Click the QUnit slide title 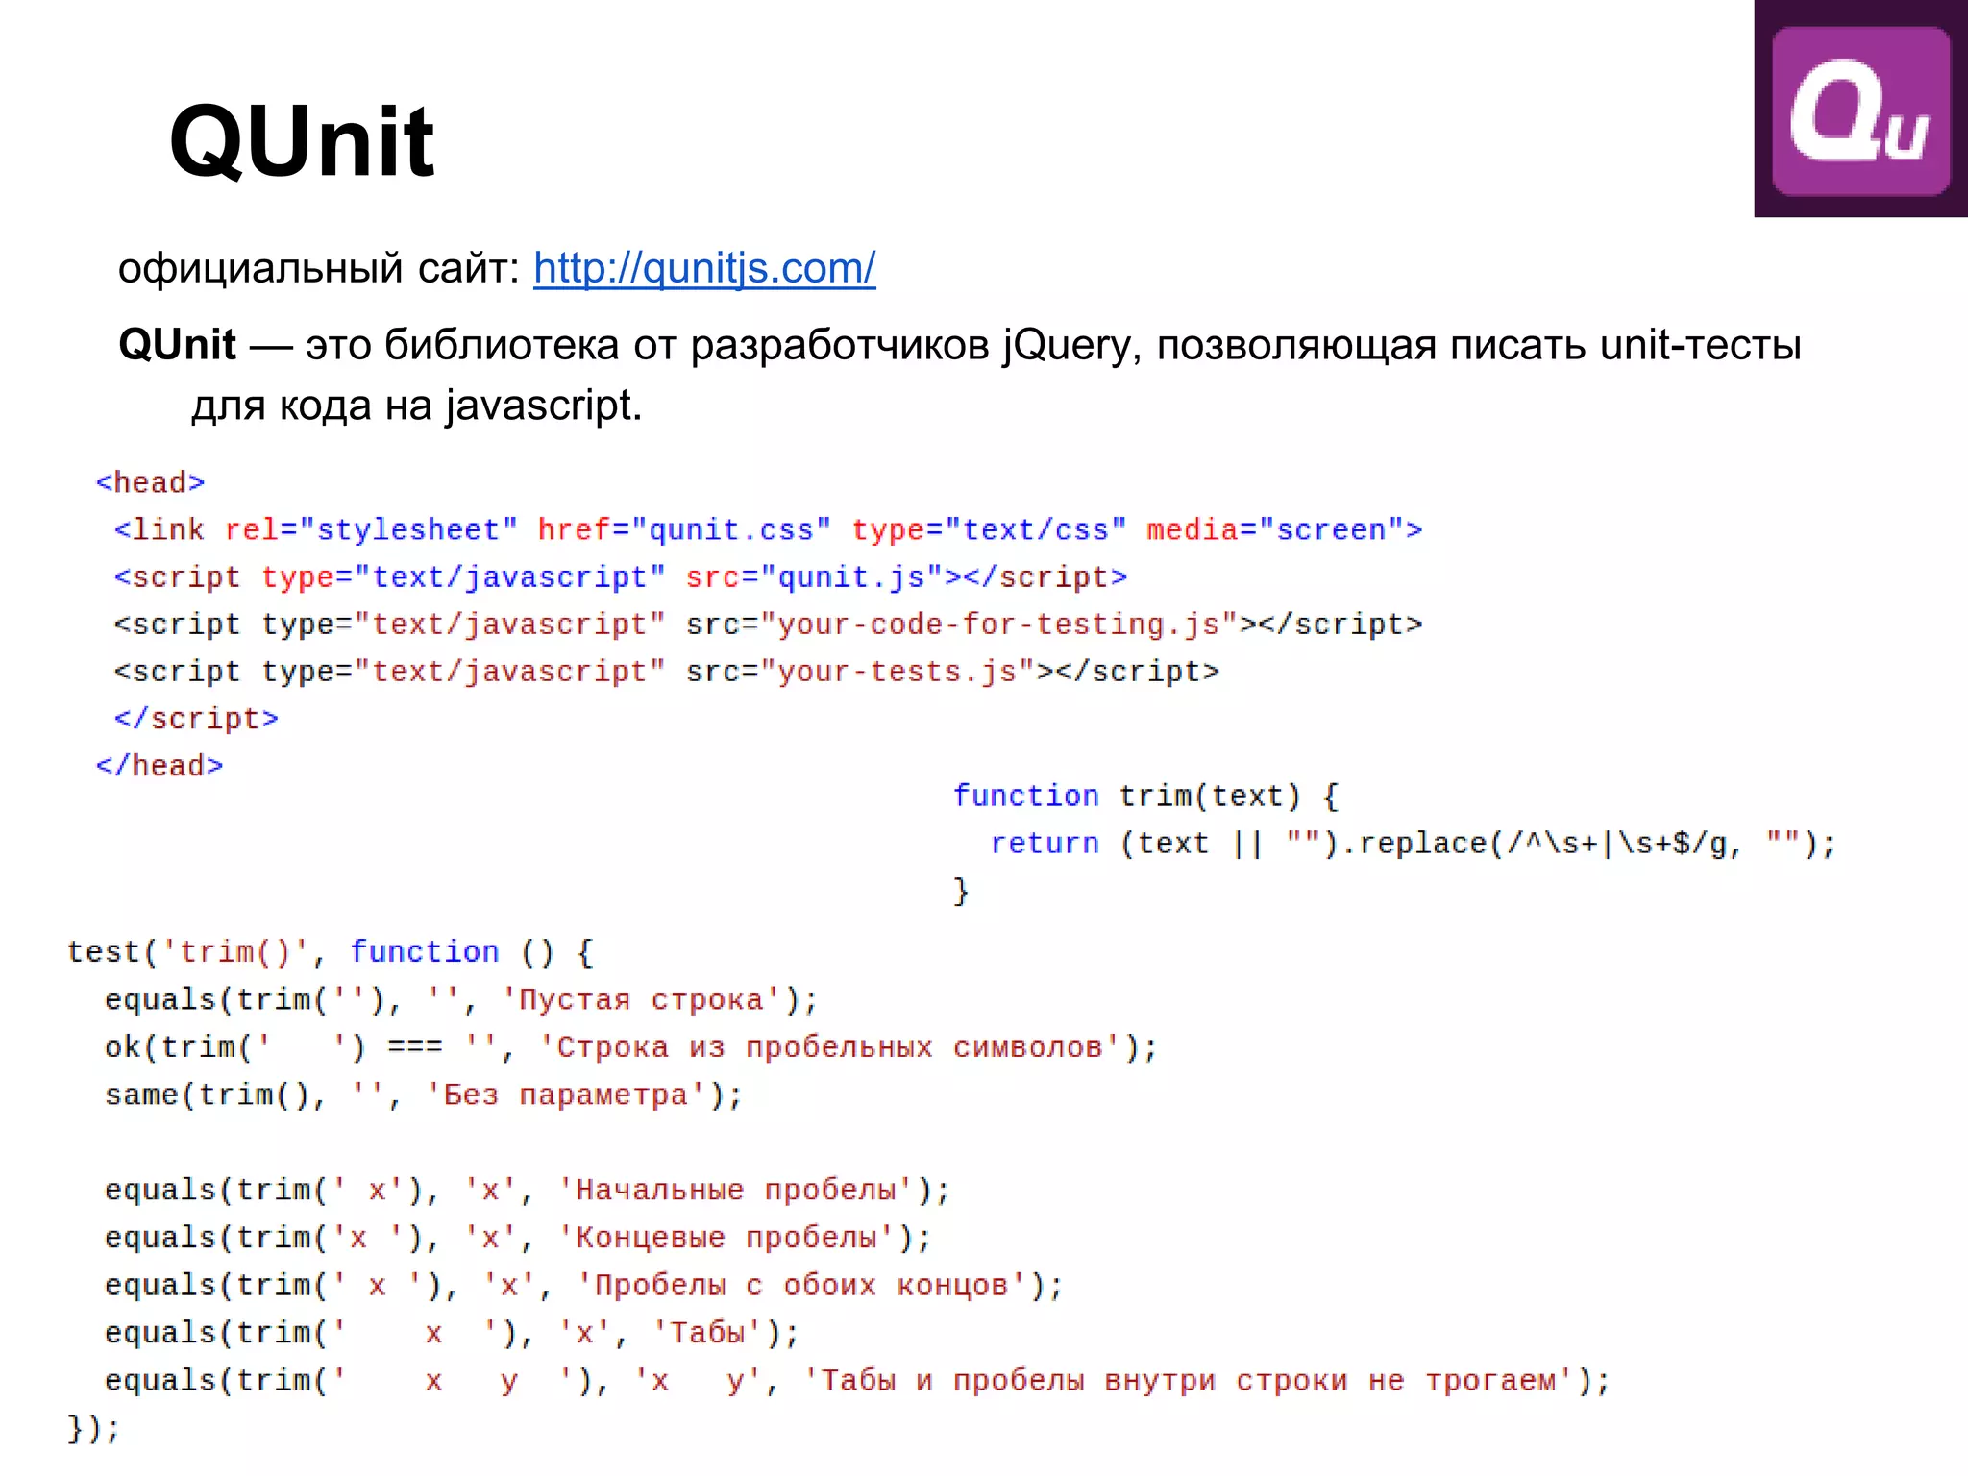point(302,142)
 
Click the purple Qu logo point(1860,110)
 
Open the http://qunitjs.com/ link point(704,268)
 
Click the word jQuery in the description point(1067,345)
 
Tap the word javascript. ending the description point(543,406)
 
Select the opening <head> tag point(151,482)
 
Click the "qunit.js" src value point(851,577)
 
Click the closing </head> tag point(160,766)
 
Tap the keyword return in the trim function point(1045,844)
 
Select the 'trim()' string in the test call point(235,952)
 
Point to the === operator point(415,1047)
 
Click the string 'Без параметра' point(567,1095)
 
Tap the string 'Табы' point(707,1333)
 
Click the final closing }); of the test point(93,1429)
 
